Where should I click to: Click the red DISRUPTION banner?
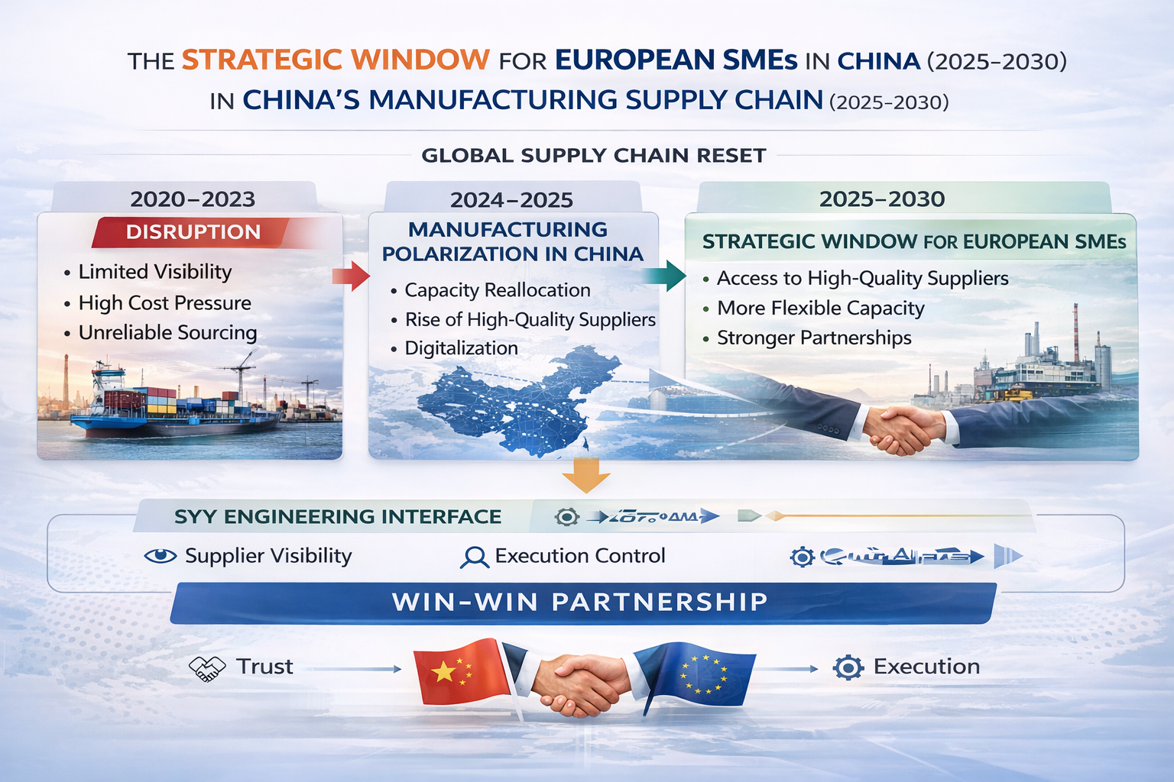(x=193, y=232)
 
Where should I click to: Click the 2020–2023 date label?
(x=193, y=199)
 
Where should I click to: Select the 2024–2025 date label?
(x=511, y=200)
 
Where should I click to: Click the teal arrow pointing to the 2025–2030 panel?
(x=665, y=276)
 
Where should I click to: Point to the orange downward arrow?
(x=585, y=477)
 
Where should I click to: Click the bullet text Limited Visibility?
(x=155, y=272)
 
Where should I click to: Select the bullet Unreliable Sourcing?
(x=167, y=333)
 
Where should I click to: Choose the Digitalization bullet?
(x=461, y=348)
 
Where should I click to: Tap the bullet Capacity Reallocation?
(x=497, y=290)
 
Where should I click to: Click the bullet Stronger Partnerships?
(x=814, y=338)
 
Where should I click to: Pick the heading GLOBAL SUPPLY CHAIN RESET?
(x=593, y=156)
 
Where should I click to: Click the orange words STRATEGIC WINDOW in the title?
(x=336, y=60)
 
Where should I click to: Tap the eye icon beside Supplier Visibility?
(x=161, y=556)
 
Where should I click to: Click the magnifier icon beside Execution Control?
(x=474, y=557)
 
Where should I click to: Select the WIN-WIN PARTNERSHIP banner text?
(x=579, y=602)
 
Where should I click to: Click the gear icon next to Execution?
(x=848, y=667)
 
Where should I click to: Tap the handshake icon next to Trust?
(x=207, y=668)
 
